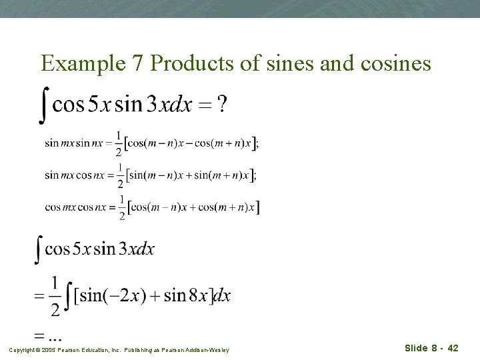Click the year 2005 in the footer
point(50,349)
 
